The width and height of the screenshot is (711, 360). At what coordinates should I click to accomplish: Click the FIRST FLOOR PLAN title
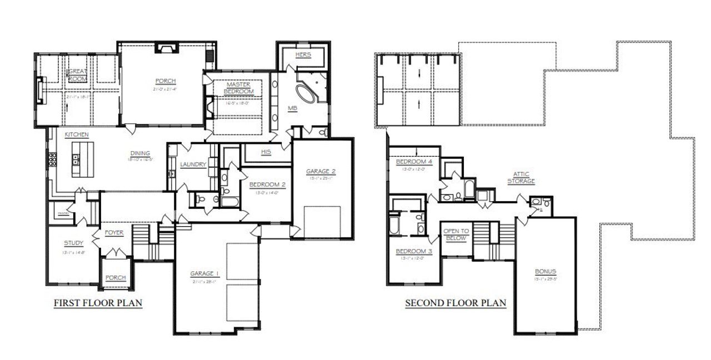(x=98, y=303)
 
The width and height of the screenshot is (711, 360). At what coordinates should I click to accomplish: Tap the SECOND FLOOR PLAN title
(x=455, y=303)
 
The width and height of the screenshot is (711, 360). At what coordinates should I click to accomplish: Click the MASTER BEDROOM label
(x=238, y=87)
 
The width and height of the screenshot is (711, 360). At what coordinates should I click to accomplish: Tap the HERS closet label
(x=303, y=54)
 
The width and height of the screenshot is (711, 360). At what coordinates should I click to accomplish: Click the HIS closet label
(x=266, y=152)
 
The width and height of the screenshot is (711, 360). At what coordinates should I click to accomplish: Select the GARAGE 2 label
(x=321, y=172)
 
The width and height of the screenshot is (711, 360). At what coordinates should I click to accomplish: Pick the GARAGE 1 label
(x=205, y=273)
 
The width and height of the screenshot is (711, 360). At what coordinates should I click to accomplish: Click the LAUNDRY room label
(x=193, y=164)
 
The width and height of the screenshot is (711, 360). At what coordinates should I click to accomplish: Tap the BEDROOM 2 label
(x=267, y=184)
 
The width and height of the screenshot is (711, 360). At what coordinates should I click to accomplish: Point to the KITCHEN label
(x=77, y=135)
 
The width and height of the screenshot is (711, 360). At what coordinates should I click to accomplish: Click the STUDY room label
(x=73, y=243)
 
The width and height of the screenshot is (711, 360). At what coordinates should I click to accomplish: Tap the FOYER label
(x=113, y=233)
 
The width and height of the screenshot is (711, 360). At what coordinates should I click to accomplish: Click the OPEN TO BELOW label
(x=457, y=234)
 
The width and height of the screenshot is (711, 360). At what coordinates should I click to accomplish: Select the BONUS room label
(x=545, y=272)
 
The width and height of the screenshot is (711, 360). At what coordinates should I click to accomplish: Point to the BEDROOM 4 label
(x=414, y=162)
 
